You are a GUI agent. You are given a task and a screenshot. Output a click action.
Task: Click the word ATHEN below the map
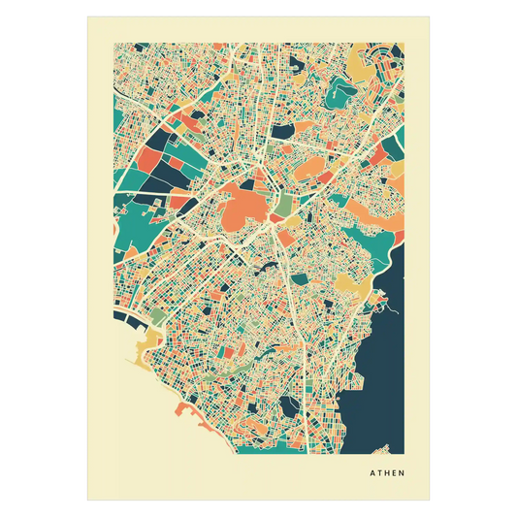(x=386, y=474)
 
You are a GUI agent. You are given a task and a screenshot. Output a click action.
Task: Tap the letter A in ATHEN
(x=372, y=474)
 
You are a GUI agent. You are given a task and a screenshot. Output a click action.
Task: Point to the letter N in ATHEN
(x=402, y=474)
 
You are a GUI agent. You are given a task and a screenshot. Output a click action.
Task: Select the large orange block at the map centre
(x=245, y=205)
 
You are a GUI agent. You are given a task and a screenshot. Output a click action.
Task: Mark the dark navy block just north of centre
(x=282, y=130)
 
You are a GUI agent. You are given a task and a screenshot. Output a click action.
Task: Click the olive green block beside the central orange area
(x=280, y=208)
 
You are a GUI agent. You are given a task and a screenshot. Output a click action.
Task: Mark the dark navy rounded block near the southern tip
(x=291, y=407)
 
